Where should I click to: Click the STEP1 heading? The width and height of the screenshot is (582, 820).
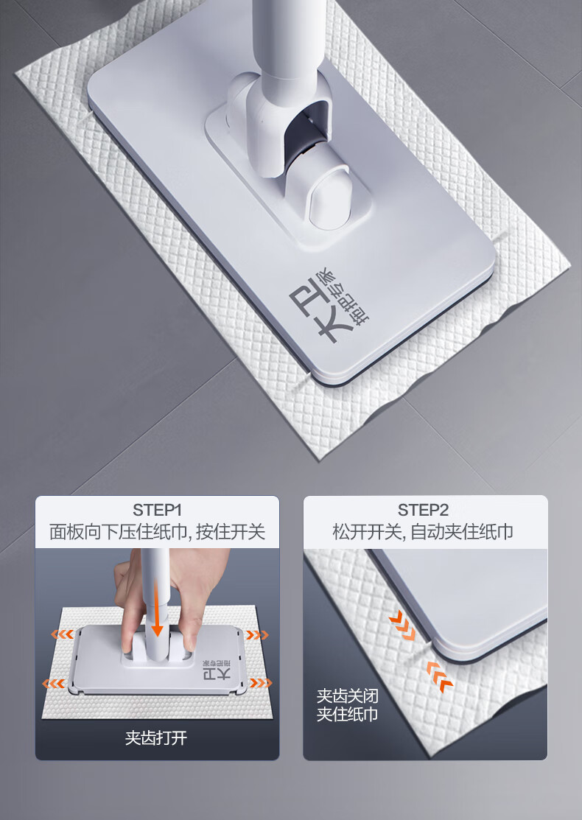(x=157, y=510)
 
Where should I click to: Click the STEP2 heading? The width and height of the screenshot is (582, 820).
(x=423, y=510)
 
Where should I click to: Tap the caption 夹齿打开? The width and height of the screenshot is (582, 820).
(x=156, y=738)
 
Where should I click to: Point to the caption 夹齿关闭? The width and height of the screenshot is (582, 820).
(x=347, y=696)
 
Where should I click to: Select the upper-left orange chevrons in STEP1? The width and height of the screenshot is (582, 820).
(x=62, y=634)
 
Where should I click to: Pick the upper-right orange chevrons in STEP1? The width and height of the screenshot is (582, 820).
(x=257, y=635)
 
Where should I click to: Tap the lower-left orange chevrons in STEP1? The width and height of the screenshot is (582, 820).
(x=54, y=683)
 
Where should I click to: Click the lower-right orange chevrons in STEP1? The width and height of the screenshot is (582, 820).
(x=261, y=682)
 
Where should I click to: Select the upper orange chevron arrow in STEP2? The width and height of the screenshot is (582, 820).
(x=403, y=625)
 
